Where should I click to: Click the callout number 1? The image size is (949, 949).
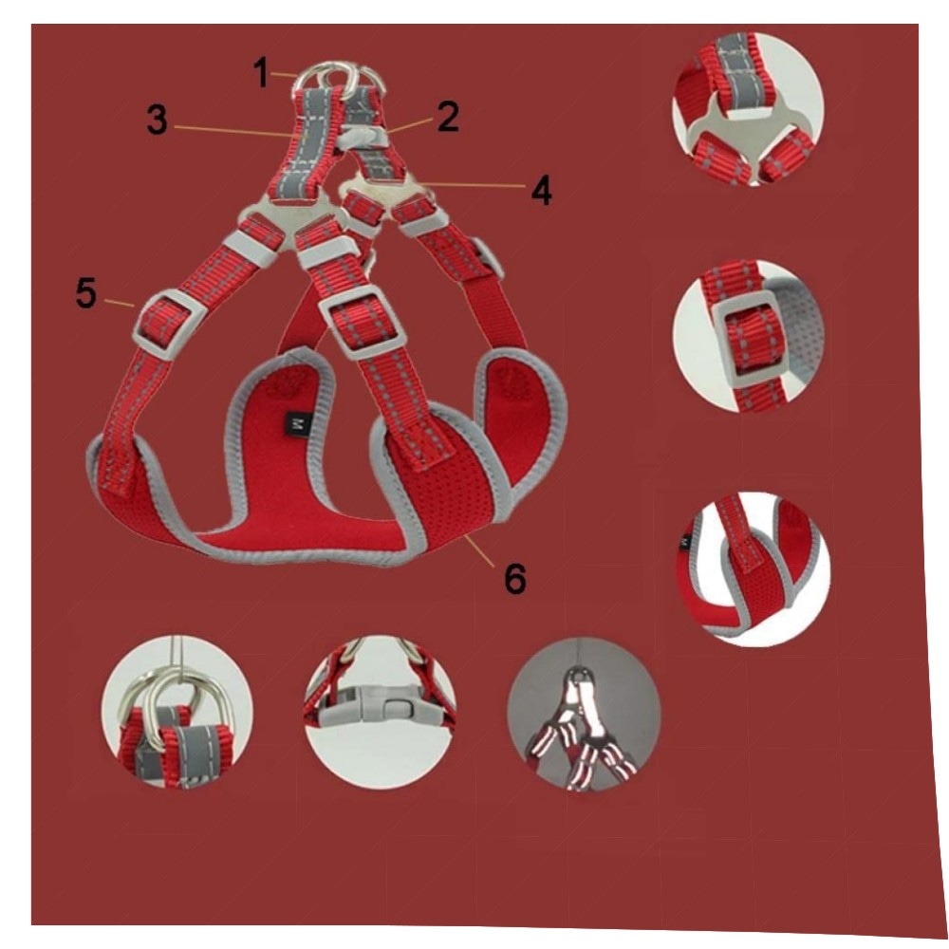click(x=262, y=73)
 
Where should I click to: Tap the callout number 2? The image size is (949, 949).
click(x=448, y=116)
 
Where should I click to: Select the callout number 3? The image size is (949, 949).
click(x=157, y=120)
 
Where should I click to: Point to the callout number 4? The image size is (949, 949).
click(x=542, y=190)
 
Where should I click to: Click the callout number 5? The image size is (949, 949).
click(x=86, y=293)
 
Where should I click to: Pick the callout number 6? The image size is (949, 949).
click(x=515, y=578)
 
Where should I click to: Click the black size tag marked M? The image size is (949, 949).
click(x=296, y=423)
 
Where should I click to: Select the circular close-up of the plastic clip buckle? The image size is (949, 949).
click(x=381, y=712)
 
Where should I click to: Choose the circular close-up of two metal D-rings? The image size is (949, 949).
click(x=177, y=712)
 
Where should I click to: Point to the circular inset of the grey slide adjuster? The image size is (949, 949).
click(x=750, y=337)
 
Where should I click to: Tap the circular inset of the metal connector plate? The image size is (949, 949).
click(x=748, y=109)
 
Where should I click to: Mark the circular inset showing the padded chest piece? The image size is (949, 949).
click(x=753, y=569)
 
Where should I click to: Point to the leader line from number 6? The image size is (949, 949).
click(x=481, y=551)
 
